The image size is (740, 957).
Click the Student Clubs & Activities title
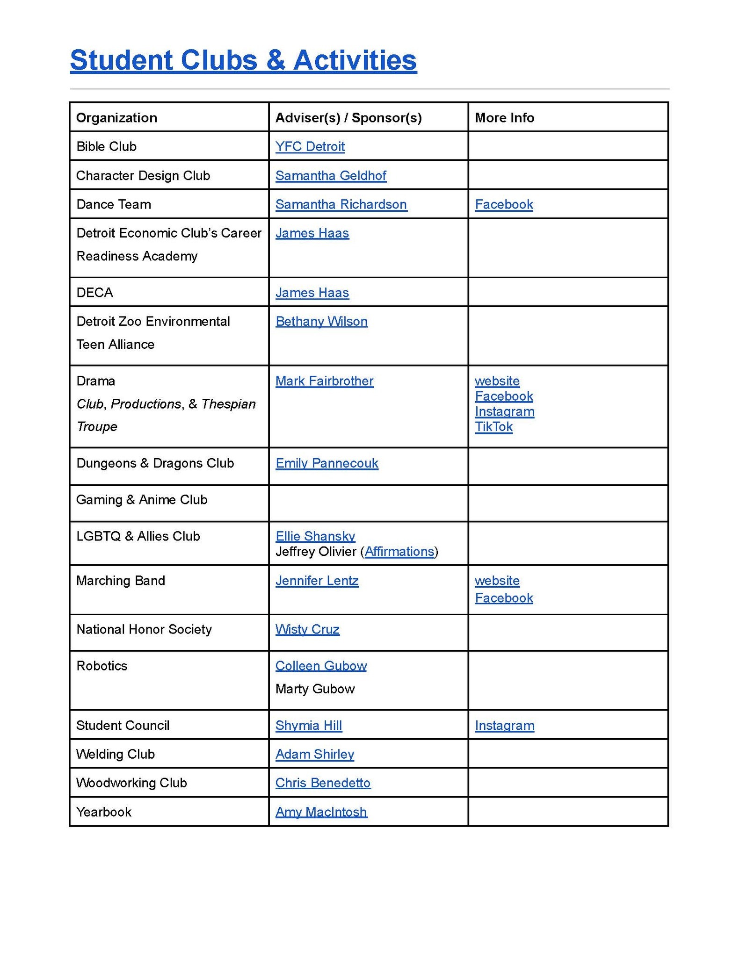click(x=243, y=60)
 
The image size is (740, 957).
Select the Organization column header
click(x=116, y=117)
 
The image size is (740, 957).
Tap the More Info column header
click(x=504, y=117)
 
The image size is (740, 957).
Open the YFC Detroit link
click(x=310, y=146)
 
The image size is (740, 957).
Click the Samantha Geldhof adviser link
click(x=331, y=175)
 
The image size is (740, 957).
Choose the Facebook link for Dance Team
click(x=504, y=204)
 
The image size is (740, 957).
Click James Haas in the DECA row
click(x=312, y=293)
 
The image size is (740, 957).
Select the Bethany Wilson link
click(x=321, y=321)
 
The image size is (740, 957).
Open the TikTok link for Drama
click(x=493, y=426)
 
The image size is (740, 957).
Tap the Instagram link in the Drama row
click(x=504, y=411)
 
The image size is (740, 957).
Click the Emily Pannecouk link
click(x=326, y=463)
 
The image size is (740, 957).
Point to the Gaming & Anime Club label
click(x=142, y=500)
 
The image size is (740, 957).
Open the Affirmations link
click(x=399, y=552)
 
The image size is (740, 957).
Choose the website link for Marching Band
click(x=497, y=581)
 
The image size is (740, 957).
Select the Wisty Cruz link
click(x=307, y=629)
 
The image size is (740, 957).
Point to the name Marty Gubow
click(x=315, y=689)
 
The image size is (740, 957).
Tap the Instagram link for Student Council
click(x=504, y=726)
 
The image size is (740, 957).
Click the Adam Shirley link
click(x=314, y=754)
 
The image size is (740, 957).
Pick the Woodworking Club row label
click(x=131, y=783)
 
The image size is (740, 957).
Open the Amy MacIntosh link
click(x=321, y=812)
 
